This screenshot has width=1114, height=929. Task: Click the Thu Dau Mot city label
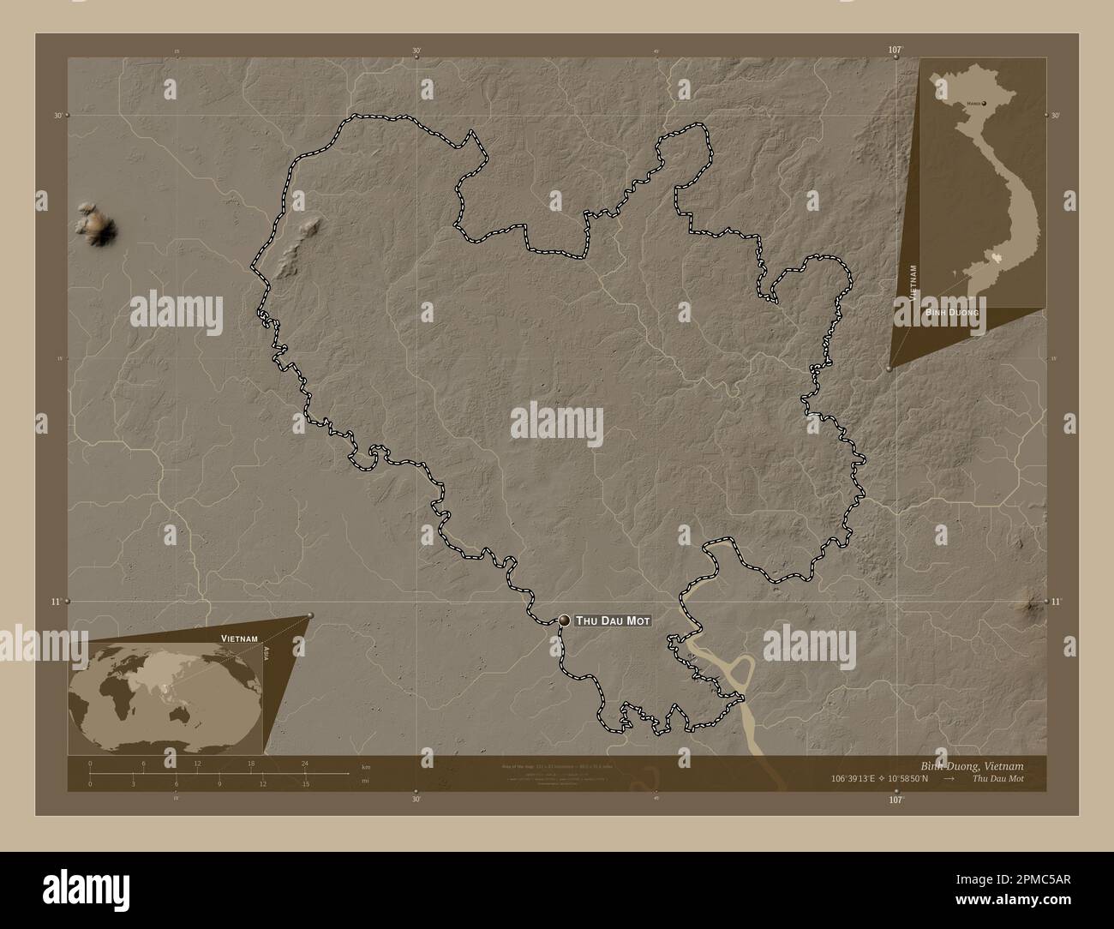tap(614, 620)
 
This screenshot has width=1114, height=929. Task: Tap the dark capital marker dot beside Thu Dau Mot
tap(565, 620)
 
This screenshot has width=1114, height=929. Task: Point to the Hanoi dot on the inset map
tap(984, 103)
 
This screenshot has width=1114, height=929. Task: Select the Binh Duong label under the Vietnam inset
tap(951, 314)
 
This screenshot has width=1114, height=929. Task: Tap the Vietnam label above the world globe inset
tap(239, 639)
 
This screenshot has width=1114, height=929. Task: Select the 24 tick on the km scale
tap(304, 763)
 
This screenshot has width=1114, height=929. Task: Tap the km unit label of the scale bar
tap(366, 766)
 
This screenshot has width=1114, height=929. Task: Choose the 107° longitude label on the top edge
tap(895, 51)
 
